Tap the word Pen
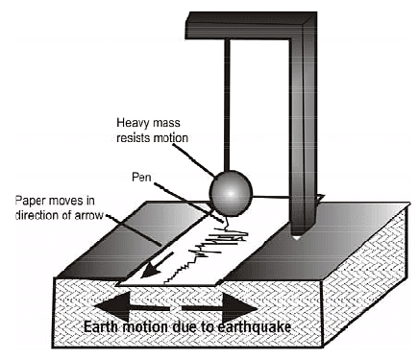coord(141,177)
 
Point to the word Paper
coord(32,200)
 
